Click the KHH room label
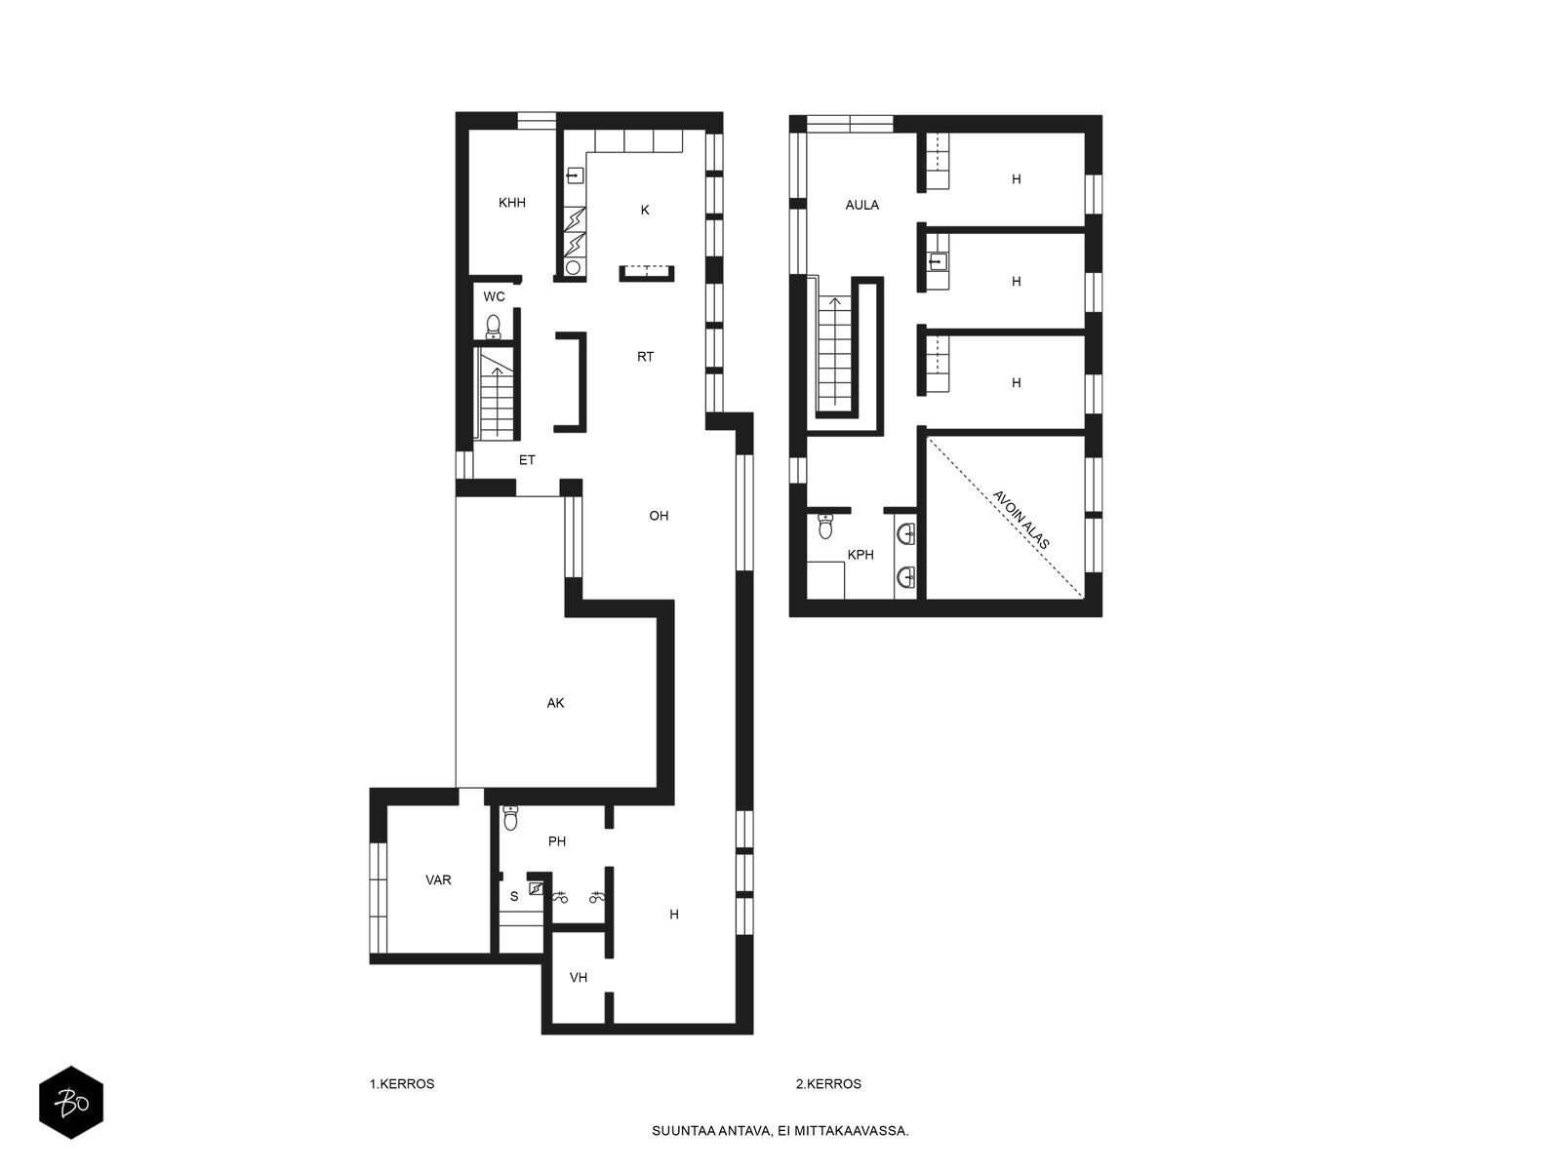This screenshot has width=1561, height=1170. pos(512,203)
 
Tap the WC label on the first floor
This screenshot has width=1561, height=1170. pos(495,296)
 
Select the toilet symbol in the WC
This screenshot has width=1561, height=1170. pos(494,326)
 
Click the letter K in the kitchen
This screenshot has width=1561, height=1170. pos(645,210)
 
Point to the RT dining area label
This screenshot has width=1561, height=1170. pos(646,357)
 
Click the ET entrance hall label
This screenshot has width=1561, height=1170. pos(527,460)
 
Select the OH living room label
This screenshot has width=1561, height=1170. pos(659,516)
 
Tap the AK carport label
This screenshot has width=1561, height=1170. pos(556,703)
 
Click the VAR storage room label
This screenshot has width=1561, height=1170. pos(438,879)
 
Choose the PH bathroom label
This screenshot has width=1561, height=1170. pos(557,841)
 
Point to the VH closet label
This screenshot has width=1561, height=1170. pos(579,977)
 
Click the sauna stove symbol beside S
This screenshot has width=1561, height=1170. pos(536,888)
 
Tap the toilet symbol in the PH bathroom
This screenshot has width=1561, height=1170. pos(510,819)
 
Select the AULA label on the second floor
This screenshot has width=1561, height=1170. pos(862,205)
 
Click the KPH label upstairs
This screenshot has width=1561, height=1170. pos(861,555)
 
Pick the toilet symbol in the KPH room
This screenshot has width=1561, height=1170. pos(827,527)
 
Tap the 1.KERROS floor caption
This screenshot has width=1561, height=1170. pos(402,1083)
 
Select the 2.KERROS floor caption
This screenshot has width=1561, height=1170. pos(828,1083)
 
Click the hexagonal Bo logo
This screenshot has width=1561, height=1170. pos(71,1102)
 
